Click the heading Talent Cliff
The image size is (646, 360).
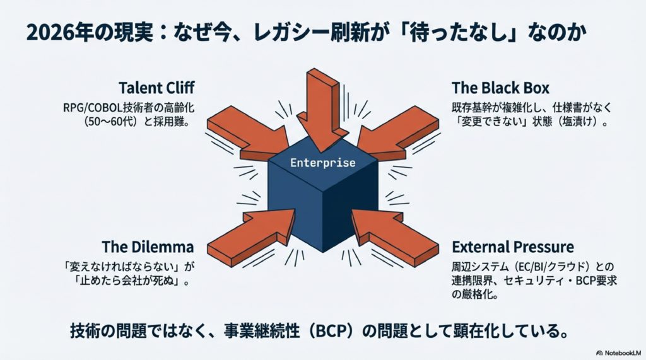point(156,88)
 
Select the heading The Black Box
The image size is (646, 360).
point(500,88)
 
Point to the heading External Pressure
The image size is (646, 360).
point(513,246)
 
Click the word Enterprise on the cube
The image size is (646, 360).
point(322,163)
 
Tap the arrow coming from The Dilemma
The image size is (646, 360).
point(252,231)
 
